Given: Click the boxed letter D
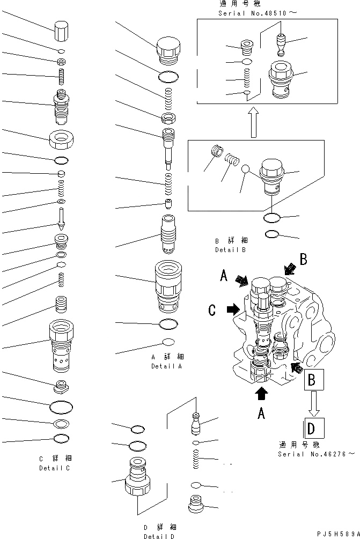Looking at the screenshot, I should point(311,430).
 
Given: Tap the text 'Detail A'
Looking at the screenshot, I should point(166,366).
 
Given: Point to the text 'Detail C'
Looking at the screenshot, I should point(55,468).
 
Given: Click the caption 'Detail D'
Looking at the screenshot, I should point(159,536).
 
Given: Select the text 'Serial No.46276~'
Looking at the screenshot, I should point(315,454).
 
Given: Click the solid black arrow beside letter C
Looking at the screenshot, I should point(233,309).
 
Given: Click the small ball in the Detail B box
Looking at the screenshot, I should point(246,169).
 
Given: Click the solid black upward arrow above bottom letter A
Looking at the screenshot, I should point(261,393).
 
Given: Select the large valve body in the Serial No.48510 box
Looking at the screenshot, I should point(281,79).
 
